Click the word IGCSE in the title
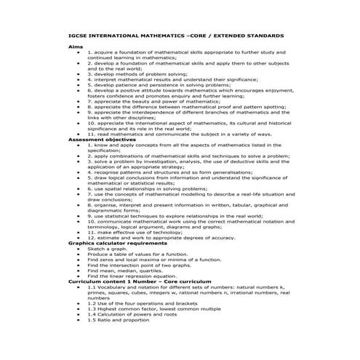tap(79, 35)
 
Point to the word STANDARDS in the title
tap(262, 35)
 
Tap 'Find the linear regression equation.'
tap(142, 276)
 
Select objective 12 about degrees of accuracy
tap(171, 238)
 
